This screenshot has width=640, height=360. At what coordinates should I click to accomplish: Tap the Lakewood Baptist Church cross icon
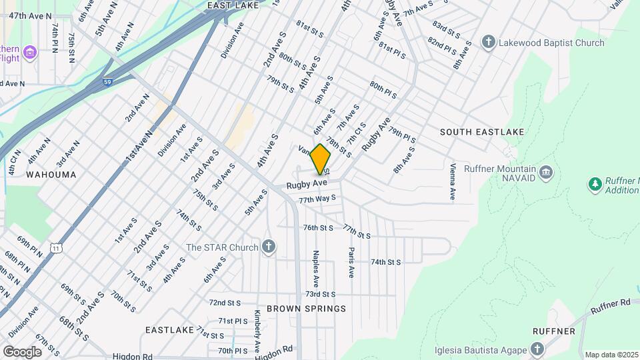click(489, 43)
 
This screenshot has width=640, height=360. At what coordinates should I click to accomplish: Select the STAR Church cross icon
click(268, 247)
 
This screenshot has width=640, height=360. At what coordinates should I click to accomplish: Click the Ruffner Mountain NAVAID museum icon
click(546, 173)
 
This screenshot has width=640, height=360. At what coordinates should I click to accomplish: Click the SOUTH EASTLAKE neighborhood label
click(482, 132)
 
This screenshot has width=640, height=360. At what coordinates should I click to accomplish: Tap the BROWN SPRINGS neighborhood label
click(306, 309)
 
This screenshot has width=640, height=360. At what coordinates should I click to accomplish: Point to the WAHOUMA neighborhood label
click(51, 175)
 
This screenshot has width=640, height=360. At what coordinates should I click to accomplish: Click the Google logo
click(22, 351)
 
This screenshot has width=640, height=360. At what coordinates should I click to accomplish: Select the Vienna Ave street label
click(453, 182)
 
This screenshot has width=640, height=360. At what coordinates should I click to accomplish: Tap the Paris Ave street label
click(351, 262)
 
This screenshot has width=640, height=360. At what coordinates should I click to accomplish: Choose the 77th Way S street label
click(317, 199)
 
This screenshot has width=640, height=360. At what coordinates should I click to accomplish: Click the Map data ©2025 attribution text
click(611, 355)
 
